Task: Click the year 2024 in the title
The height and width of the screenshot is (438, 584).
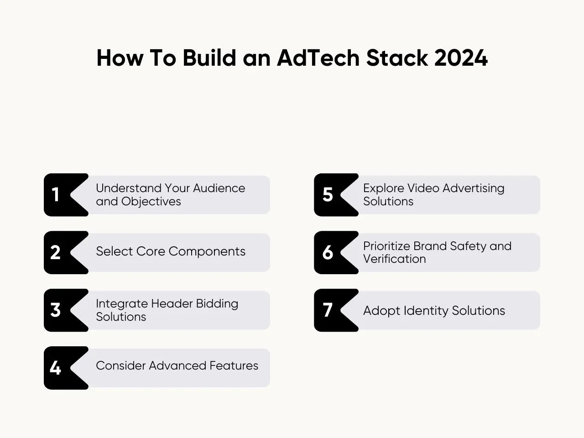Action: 461,57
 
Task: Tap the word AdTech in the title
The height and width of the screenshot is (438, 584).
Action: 318,57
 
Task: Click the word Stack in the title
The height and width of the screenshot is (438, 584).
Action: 397,57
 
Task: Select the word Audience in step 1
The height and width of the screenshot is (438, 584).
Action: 219,188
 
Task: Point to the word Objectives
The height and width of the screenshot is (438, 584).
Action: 151,202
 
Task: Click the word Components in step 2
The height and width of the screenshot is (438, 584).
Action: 207,251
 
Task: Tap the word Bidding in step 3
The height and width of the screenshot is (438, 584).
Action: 217,304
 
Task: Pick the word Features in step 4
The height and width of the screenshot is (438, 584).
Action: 234,365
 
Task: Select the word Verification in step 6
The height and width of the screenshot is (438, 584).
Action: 395,259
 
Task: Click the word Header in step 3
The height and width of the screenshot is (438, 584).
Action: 172,303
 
